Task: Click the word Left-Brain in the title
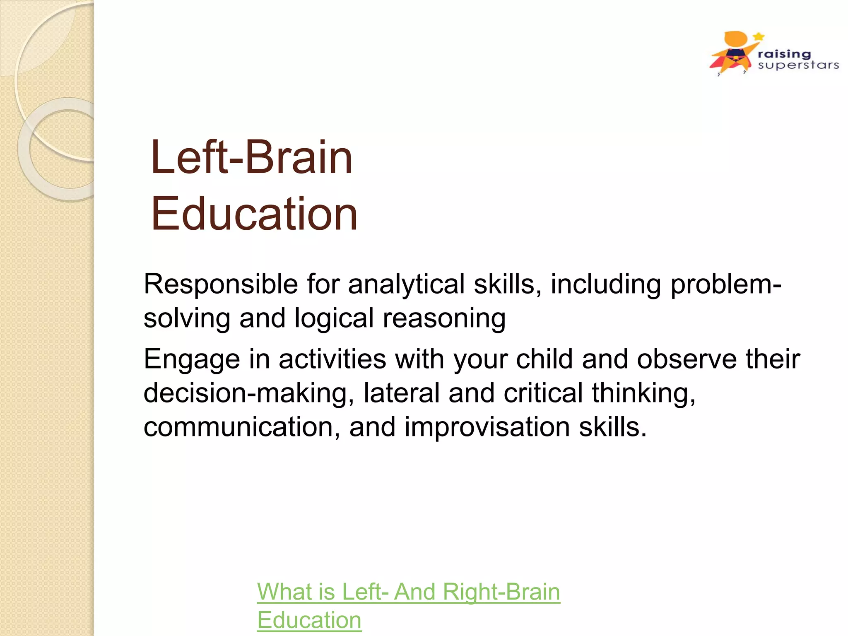[252, 157]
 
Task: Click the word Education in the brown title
[254, 214]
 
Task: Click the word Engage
[191, 360]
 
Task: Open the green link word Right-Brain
[501, 592]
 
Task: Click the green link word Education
[309, 620]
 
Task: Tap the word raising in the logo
[784, 54]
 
